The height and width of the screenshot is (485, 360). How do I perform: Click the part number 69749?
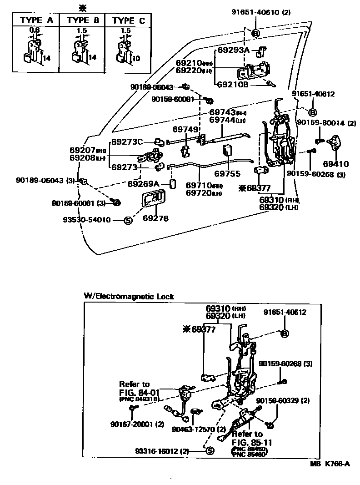(x=185, y=130)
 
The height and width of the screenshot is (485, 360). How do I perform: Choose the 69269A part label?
(x=143, y=184)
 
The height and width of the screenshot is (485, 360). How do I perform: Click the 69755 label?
(x=226, y=174)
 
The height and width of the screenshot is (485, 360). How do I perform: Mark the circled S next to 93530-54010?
(x=128, y=220)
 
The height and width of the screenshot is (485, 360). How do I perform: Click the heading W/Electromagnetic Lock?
(x=129, y=296)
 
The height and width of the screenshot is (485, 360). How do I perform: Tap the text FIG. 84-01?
(x=135, y=392)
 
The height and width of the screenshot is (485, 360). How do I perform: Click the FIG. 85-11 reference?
(x=248, y=441)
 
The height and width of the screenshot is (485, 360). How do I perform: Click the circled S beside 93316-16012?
(x=210, y=451)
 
